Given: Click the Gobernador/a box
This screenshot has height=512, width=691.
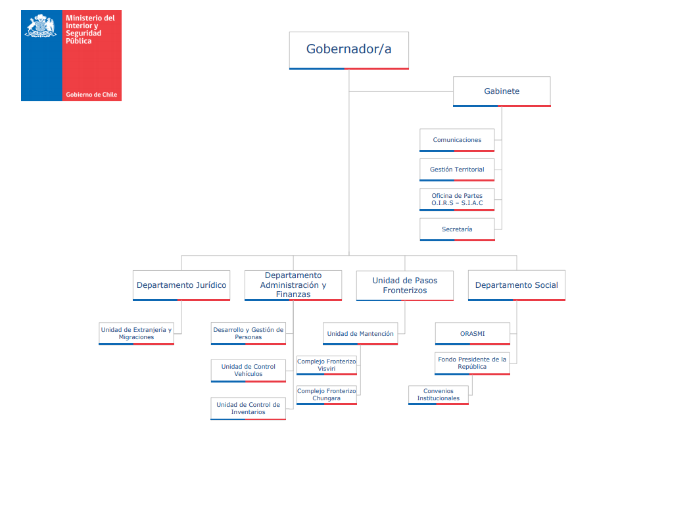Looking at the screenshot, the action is (x=348, y=50).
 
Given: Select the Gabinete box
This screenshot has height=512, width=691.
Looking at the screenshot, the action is (x=502, y=91).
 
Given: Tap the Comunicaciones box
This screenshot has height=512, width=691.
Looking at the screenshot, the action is (x=457, y=140).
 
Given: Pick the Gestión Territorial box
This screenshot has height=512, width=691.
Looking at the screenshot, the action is (x=457, y=170).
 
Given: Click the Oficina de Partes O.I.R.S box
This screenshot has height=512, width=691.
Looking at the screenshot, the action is (x=457, y=199).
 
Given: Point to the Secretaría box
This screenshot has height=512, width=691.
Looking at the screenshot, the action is (x=457, y=229).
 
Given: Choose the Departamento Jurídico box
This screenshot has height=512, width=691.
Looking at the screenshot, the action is (x=181, y=285).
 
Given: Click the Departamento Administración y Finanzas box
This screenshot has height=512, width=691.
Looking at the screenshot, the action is (x=293, y=285).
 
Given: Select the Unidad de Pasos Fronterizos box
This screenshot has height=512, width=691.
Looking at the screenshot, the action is (x=404, y=285).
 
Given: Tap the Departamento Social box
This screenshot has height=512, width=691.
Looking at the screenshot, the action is (x=517, y=285).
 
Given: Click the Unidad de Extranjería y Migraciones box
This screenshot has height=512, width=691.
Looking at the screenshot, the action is (x=136, y=333).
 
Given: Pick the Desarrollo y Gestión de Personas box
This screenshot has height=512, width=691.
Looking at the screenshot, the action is (x=248, y=333).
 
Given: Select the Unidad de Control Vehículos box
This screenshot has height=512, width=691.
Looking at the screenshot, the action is (x=248, y=371).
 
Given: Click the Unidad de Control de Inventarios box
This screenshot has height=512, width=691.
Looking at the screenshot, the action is (x=248, y=408).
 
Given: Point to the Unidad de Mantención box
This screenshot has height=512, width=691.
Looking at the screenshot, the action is (x=360, y=333).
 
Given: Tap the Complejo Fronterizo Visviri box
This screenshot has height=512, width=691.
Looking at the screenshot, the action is (x=327, y=365).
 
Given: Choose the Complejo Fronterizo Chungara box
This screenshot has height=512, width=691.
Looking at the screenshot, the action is (x=327, y=395).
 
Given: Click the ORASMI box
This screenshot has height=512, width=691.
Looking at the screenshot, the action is (x=473, y=333).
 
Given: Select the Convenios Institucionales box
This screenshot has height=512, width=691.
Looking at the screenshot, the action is (x=438, y=395).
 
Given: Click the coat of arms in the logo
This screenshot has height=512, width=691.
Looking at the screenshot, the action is (x=41, y=26).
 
